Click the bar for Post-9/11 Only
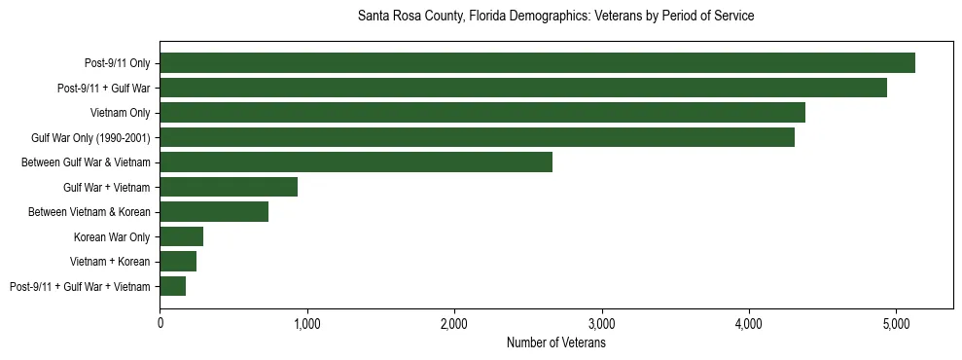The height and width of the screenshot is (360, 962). tap(537, 63)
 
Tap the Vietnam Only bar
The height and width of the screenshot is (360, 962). tap(482, 113)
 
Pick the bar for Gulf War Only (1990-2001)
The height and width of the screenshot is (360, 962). tap(477, 137)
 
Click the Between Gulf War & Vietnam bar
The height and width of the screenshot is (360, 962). tap(356, 162)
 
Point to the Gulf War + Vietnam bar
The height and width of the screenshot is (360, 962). tap(229, 187)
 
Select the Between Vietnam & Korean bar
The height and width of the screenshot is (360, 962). tap(214, 212)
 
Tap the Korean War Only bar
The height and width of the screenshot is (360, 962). tap(181, 236)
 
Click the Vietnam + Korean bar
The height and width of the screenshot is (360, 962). tap(178, 262)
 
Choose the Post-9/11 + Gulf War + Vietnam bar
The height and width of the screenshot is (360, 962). tap(172, 286)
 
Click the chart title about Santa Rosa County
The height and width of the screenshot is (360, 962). tap(555, 16)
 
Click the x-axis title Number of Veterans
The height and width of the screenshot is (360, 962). tap(555, 343)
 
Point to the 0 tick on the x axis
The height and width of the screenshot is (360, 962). tap(160, 323)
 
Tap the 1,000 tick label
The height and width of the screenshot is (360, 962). tap(307, 323)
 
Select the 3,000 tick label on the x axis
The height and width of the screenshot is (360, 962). tap(602, 323)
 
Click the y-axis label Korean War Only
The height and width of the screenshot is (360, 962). tap(112, 236)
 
